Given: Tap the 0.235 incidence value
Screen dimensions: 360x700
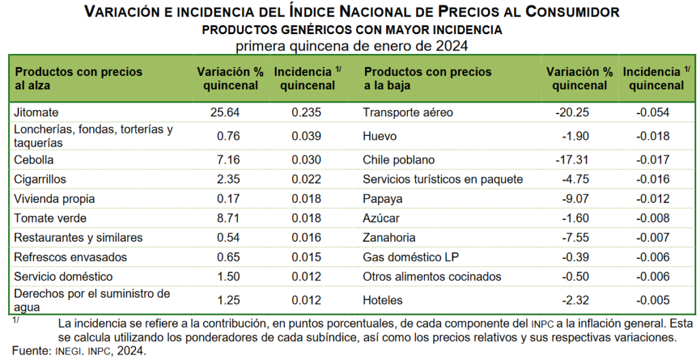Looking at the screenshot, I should coord(306,112).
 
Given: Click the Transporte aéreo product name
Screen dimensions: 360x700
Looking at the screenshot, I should coord(407,112).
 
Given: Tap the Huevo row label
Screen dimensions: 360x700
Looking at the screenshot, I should coord(380,136).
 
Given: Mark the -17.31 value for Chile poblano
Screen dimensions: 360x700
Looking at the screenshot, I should coord(572,160).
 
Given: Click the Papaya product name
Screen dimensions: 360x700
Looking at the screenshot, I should coord(383,199).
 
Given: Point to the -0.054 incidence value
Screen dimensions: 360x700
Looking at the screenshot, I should coord(652,112).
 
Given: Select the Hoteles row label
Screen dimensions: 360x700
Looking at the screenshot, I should coord(383,300).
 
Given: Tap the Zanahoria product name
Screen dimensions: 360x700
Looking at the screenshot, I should coord(389,238).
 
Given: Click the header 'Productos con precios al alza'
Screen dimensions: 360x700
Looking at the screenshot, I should coord(78,79).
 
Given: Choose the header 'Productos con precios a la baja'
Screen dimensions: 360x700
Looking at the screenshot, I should coord(427,79).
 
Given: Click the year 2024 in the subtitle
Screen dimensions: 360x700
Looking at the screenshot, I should coord(452,46).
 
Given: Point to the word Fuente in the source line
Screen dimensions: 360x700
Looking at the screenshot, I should coord(27,351).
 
